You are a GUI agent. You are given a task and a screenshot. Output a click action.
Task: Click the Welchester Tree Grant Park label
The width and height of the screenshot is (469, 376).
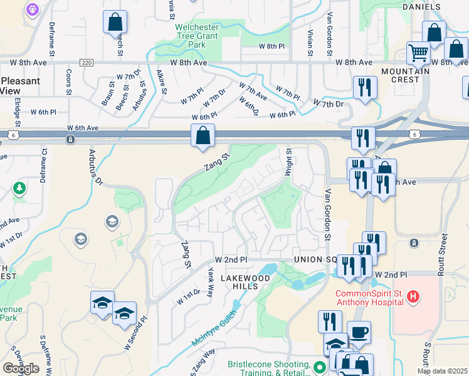pyautogui.click(x=198, y=36)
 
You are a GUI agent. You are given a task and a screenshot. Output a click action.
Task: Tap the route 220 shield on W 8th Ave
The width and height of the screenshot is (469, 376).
pyautogui.click(x=87, y=63)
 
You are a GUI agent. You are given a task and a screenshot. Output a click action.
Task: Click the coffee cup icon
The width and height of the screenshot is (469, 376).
pyautogui.click(x=359, y=332)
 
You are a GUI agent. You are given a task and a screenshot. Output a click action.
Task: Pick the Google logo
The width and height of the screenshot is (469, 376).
pyautogui.click(x=21, y=368)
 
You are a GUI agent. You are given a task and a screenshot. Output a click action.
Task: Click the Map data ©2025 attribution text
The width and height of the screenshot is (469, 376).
pyautogui.click(x=442, y=371)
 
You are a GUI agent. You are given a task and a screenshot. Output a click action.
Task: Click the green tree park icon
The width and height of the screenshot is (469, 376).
pyautogui.click(x=19, y=187)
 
